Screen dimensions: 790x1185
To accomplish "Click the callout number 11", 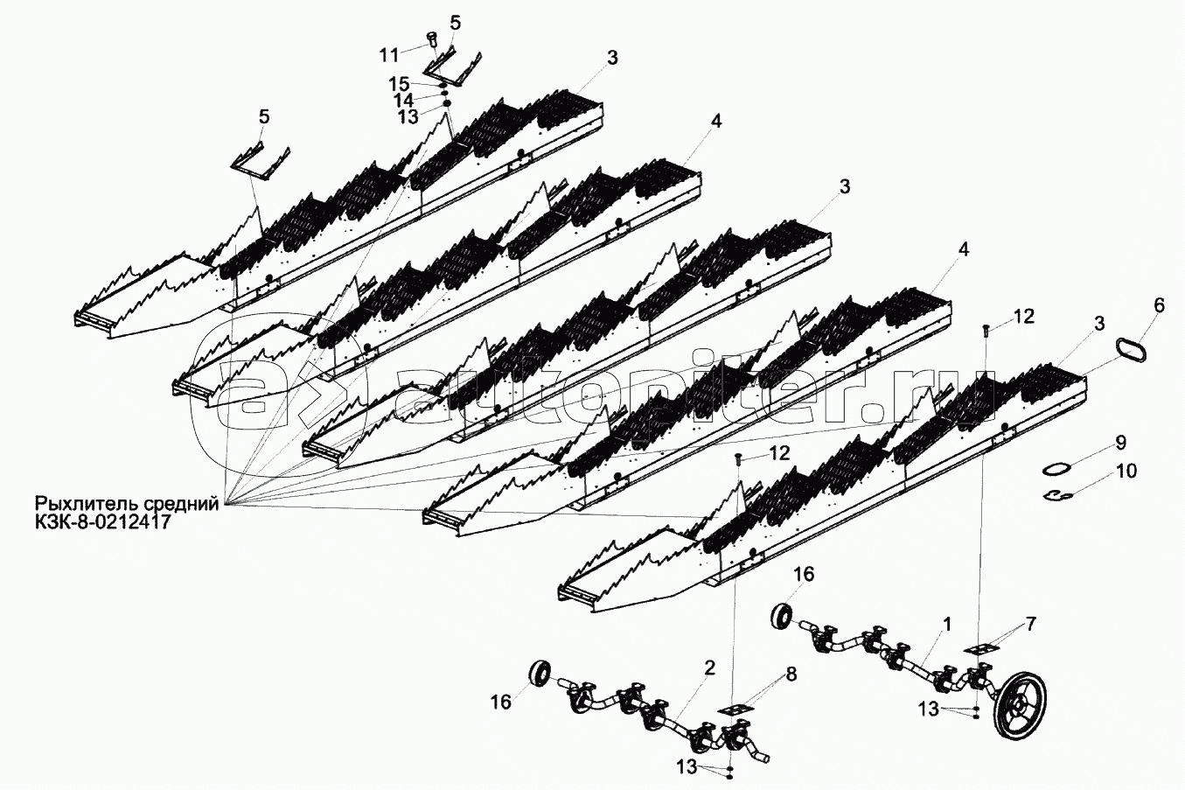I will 389,54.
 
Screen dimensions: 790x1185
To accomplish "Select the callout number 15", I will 399,83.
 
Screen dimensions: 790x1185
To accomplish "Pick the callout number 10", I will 1126,472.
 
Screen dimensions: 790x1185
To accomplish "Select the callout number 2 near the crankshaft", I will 709,668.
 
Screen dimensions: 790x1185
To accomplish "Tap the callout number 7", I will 1032,624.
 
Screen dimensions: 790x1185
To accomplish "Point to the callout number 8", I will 791,675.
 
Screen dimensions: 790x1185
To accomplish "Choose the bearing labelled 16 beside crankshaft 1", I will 782,614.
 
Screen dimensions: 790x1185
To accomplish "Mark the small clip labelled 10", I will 1059,496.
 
